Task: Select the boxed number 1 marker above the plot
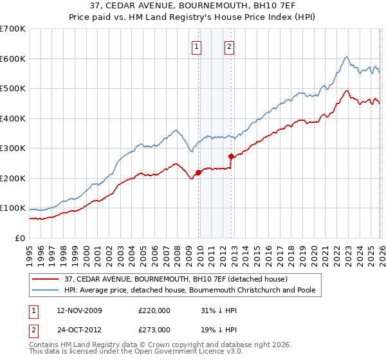click(196, 46)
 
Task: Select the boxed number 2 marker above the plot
click(229, 46)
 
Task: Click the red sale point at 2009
click(198, 172)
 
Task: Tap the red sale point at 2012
click(231, 156)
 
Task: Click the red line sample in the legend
click(46, 279)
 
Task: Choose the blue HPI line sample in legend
click(46, 291)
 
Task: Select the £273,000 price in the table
click(154, 329)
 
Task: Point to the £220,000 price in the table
click(154, 310)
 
